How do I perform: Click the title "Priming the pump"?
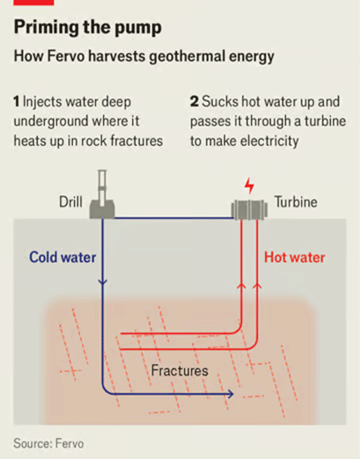[x=88, y=28]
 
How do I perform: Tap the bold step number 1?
[x=17, y=102]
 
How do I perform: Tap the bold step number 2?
[x=195, y=102]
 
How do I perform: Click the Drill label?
[x=70, y=201]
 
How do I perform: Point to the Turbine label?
[x=296, y=201]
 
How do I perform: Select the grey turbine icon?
[x=249, y=209]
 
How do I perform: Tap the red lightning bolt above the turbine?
[x=249, y=186]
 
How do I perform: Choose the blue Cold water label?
[x=62, y=258]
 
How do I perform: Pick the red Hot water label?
[x=295, y=258]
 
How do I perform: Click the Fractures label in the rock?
[x=180, y=370]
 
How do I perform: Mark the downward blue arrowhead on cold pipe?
[x=102, y=282]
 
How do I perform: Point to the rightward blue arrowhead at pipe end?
[x=231, y=394]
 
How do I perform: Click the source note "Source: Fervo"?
[x=48, y=443]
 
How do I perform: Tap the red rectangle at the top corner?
[x=33, y=3]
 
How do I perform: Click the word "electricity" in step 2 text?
[x=269, y=142]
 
